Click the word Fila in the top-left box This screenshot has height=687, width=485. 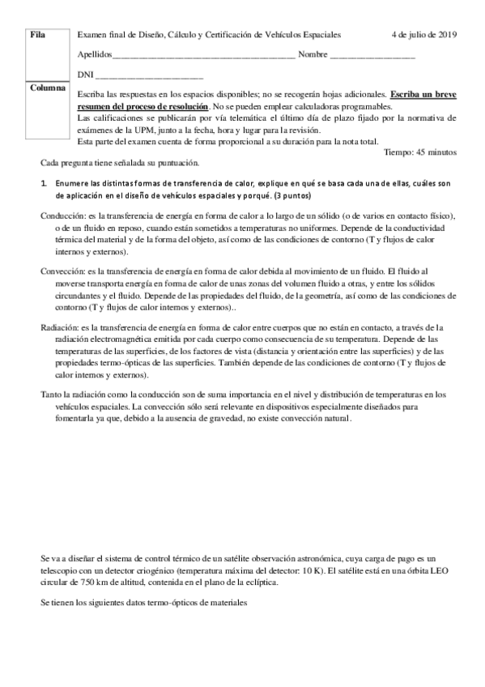pos(37,36)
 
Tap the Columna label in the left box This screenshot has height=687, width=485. pos(47,87)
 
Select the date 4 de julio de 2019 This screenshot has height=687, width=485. pos(423,36)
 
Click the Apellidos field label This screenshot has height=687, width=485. pos(96,54)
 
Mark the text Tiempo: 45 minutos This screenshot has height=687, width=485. pos(419,151)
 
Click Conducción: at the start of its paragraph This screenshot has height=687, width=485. pos(62,214)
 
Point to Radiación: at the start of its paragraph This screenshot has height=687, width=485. pos(59,327)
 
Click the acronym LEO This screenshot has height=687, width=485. pos(446,570)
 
